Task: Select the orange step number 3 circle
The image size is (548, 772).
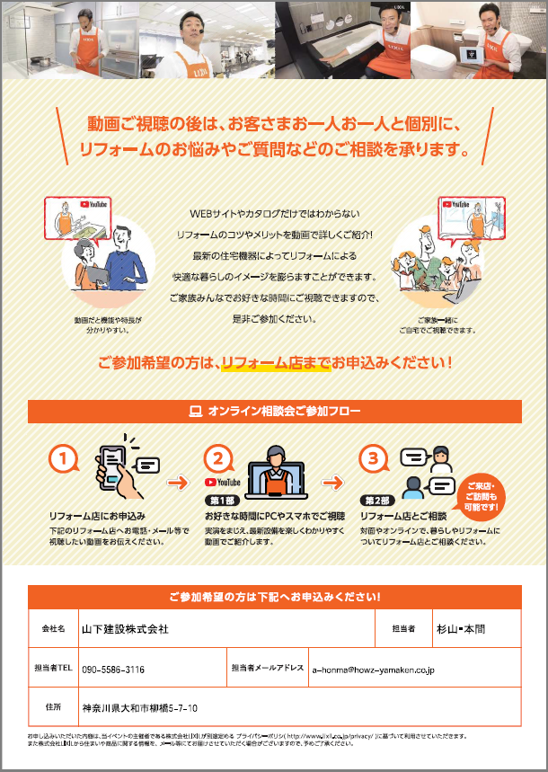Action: tap(373, 458)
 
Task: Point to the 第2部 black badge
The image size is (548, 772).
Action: tap(376, 500)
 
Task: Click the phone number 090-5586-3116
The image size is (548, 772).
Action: tap(113, 670)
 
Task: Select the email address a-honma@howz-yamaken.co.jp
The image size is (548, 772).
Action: tap(373, 670)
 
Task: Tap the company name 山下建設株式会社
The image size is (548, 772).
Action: tap(125, 629)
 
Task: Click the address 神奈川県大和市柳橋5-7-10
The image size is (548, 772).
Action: tap(140, 707)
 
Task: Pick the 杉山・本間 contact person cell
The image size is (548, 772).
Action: tap(462, 629)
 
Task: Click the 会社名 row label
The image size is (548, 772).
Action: tap(53, 629)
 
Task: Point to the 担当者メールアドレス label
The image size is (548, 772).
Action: tap(267, 670)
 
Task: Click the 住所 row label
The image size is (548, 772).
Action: tap(53, 707)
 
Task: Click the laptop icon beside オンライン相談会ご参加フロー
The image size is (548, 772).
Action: tap(194, 412)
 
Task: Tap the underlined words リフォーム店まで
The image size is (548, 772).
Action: tap(274, 364)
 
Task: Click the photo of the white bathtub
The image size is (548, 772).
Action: tap(341, 40)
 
